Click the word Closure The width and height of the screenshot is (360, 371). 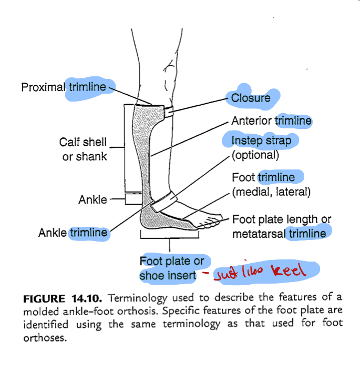click(251, 97)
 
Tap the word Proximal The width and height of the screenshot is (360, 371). click(44, 87)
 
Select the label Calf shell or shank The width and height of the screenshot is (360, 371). click(84, 149)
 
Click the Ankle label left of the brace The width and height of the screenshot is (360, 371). click(92, 200)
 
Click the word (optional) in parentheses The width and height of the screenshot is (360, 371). click(255, 155)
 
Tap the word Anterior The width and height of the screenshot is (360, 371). click(252, 121)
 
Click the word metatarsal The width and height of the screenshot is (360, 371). click(259, 233)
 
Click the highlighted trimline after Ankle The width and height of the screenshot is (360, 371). click(88, 233)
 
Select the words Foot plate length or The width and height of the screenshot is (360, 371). click(281, 219)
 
